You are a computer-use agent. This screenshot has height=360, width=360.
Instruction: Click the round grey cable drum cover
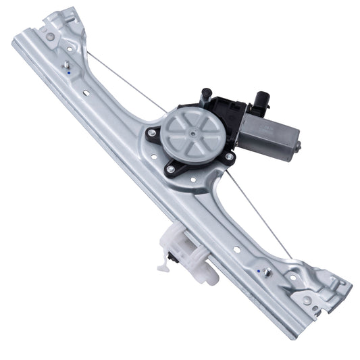[x=186, y=132]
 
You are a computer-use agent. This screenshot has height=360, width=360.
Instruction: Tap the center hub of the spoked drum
[x=186, y=132]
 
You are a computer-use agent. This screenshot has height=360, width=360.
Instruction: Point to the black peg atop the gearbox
[x=207, y=94]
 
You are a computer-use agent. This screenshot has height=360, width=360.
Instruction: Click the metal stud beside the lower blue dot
[x=267, y=272]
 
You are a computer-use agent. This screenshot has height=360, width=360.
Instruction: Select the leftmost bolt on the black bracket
[x=153, y=134]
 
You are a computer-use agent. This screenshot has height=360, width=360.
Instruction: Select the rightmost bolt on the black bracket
[x=230, y=157]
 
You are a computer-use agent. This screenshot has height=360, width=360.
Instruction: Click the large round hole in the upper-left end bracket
[x=50, y=36]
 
